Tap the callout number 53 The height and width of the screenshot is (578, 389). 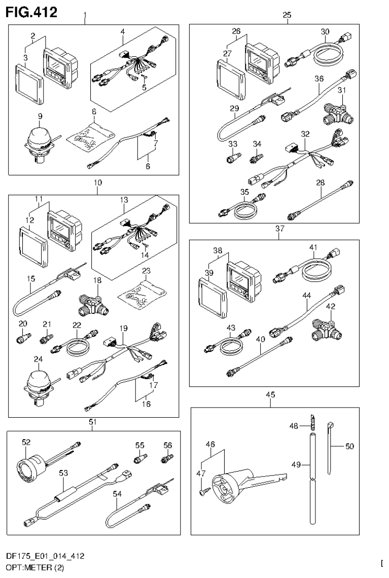pos(63,473)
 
